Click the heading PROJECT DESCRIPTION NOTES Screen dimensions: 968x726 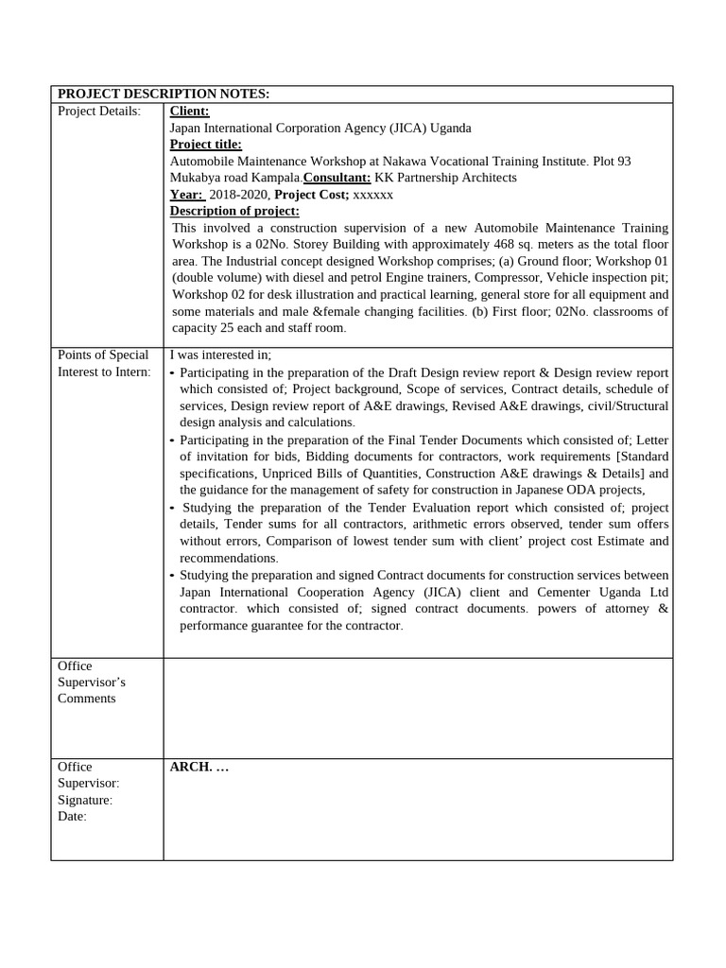164,94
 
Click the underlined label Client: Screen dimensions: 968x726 189,112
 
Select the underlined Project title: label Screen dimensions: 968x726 205,145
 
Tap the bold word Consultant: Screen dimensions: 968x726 337,178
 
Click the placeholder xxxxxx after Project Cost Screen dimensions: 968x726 372,195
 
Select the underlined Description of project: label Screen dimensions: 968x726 234,211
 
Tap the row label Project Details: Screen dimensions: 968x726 99,112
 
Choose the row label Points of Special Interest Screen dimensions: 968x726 103,363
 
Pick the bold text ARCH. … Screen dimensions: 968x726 199,767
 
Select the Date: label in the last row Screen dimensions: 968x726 72,817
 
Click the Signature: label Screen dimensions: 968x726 85,800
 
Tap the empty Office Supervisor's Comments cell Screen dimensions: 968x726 417,707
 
